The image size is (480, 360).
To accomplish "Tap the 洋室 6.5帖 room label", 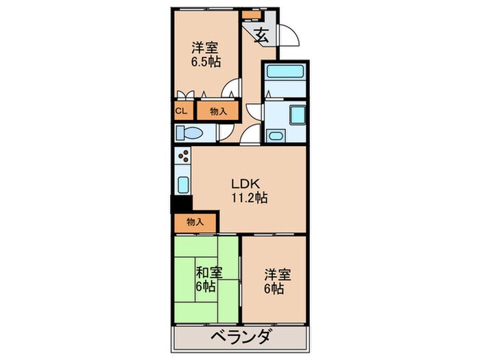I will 205,54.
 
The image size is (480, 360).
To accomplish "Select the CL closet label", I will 182,111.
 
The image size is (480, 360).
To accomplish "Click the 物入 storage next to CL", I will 218,111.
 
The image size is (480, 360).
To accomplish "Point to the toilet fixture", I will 187,133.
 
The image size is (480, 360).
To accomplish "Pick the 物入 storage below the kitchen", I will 195,221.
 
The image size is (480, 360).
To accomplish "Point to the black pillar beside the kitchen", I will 181,204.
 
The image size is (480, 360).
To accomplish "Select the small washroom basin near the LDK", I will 276,134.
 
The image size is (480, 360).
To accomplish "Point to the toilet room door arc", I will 251,134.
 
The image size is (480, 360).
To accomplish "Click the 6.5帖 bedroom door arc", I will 234,88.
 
